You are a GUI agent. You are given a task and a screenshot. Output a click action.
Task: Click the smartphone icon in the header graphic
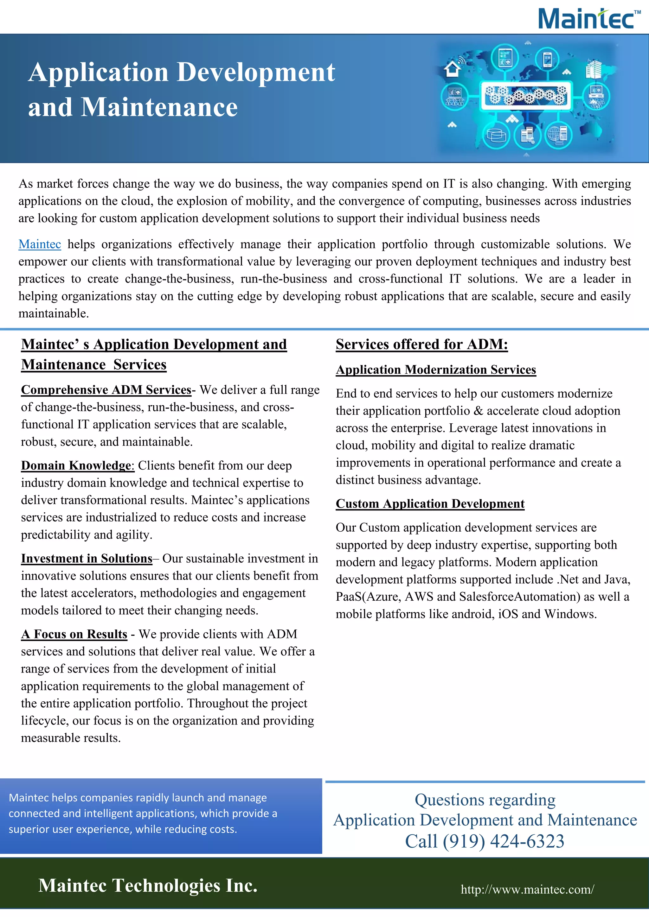click(x=547, y=60)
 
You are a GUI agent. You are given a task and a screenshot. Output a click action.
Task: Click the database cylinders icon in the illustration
click(x=496, y=136)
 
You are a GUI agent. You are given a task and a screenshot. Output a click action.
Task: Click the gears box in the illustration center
click(x=525, y=96)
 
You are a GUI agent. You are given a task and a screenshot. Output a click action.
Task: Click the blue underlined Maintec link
click(x=40, y=244)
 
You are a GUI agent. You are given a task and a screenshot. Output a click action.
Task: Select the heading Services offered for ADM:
click(x=421, y=344)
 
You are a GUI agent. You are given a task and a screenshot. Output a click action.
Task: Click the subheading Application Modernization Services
click(x=436, y=370)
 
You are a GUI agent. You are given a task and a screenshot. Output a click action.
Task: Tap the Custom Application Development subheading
click(x=430, y=504)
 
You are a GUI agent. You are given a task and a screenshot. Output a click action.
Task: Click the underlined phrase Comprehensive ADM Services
click(x=106, y=390)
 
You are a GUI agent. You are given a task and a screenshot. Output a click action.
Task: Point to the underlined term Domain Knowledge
click(x=76, y=466)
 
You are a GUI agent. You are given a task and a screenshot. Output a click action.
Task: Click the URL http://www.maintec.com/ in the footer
click(x=527, y=889)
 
